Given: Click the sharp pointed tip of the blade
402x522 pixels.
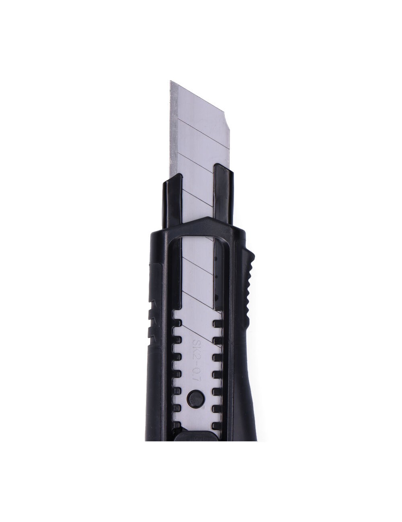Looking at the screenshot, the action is (x=170, y=81).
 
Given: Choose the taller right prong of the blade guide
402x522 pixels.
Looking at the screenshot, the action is (x=224, y=193).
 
